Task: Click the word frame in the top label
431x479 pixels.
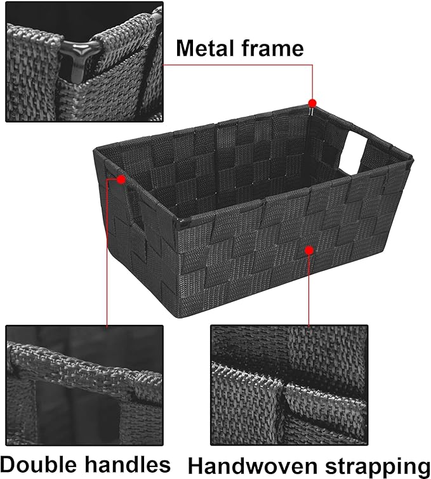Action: pos(272,48)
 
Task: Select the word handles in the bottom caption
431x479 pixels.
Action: pos(128,464)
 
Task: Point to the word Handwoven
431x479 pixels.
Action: pos(252,466)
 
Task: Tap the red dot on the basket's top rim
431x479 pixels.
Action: pos(312,103)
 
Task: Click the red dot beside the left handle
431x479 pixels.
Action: pos(121,180)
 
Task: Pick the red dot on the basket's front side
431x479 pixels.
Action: pos(309,251)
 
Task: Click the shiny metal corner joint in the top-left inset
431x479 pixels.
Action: pos(78,58)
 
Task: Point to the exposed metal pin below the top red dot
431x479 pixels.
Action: pos(311,111)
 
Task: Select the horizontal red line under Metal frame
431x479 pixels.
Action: pos(238,65)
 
